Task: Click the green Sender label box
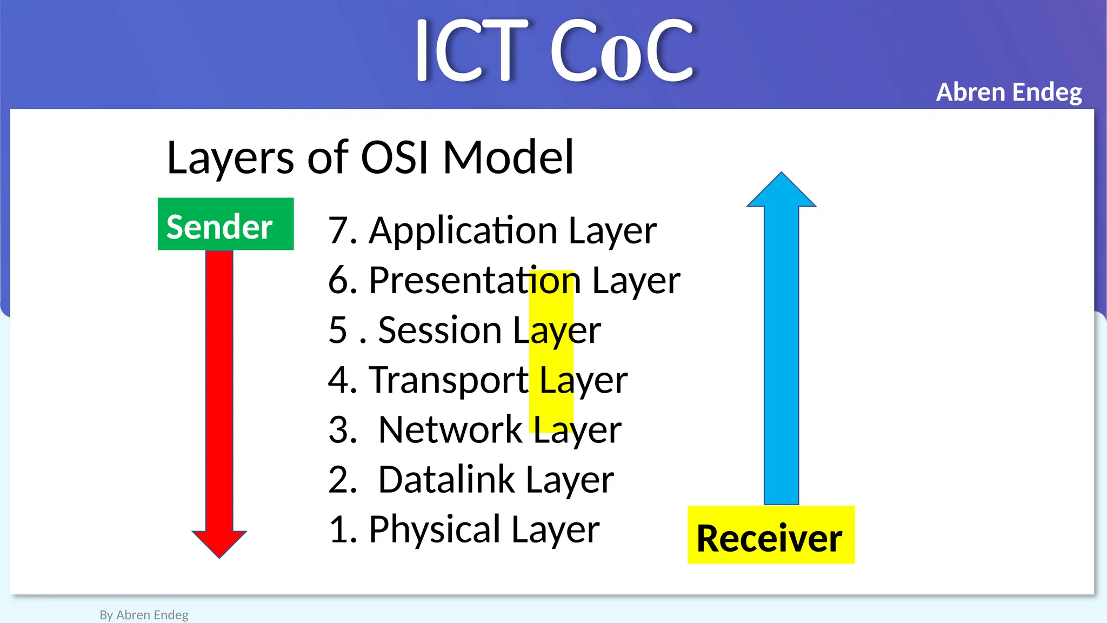225,224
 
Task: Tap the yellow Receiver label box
770,535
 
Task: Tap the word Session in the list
440,330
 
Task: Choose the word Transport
448,380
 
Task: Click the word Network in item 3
450,430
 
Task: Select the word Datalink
446,480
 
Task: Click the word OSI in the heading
395,158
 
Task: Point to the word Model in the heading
508,158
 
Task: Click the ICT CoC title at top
553,51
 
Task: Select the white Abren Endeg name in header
1009,92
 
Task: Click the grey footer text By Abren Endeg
144,615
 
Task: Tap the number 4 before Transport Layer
338,380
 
